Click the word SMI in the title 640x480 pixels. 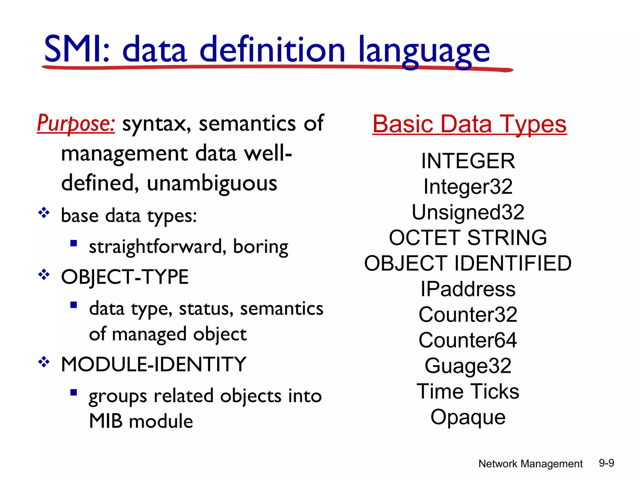click(x=74, y=49)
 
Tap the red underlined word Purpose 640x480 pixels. click(x=76, y=123)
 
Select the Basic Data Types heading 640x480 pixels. click(x=469, y=124)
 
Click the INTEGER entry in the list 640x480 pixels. click(x=468, y=161)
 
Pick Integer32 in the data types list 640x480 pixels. click(x=468, y=187)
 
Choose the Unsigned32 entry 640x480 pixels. click(x=468, y=212)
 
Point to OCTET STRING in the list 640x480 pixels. click(x=468, y=237)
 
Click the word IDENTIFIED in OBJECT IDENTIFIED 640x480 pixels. click(x=512, y=263)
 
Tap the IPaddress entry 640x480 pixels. click(x=468, y=289)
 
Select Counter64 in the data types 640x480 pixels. click(x=468, y=340)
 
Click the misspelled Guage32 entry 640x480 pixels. click(x=468, y=366)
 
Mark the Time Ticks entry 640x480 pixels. click(x=468, y=391)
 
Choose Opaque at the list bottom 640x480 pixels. click(x=468, y=417)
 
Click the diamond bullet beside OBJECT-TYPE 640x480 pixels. click(x=44, y=275)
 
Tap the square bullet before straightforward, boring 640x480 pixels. click(x=74, y=243)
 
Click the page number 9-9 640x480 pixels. click(x=606, y=463)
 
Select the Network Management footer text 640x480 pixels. click(x=530, y=464)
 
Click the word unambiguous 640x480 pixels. click(x=212, y=183)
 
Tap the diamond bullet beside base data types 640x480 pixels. click(x=44, y=213)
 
